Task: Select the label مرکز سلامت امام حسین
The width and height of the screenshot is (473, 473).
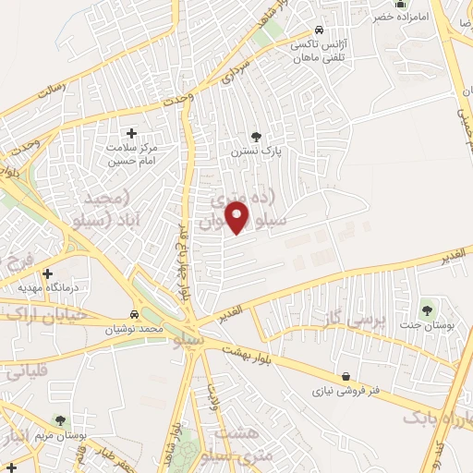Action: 130,153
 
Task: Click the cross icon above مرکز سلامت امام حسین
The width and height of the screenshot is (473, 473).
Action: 130,134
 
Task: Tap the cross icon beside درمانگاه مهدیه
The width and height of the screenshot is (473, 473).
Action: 47,273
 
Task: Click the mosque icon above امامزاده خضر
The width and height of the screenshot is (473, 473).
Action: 401,4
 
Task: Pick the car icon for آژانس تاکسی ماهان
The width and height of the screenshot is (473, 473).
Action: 319,29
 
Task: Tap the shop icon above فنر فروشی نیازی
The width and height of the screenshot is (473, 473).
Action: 346,376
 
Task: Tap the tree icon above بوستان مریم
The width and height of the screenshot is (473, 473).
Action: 60,420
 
